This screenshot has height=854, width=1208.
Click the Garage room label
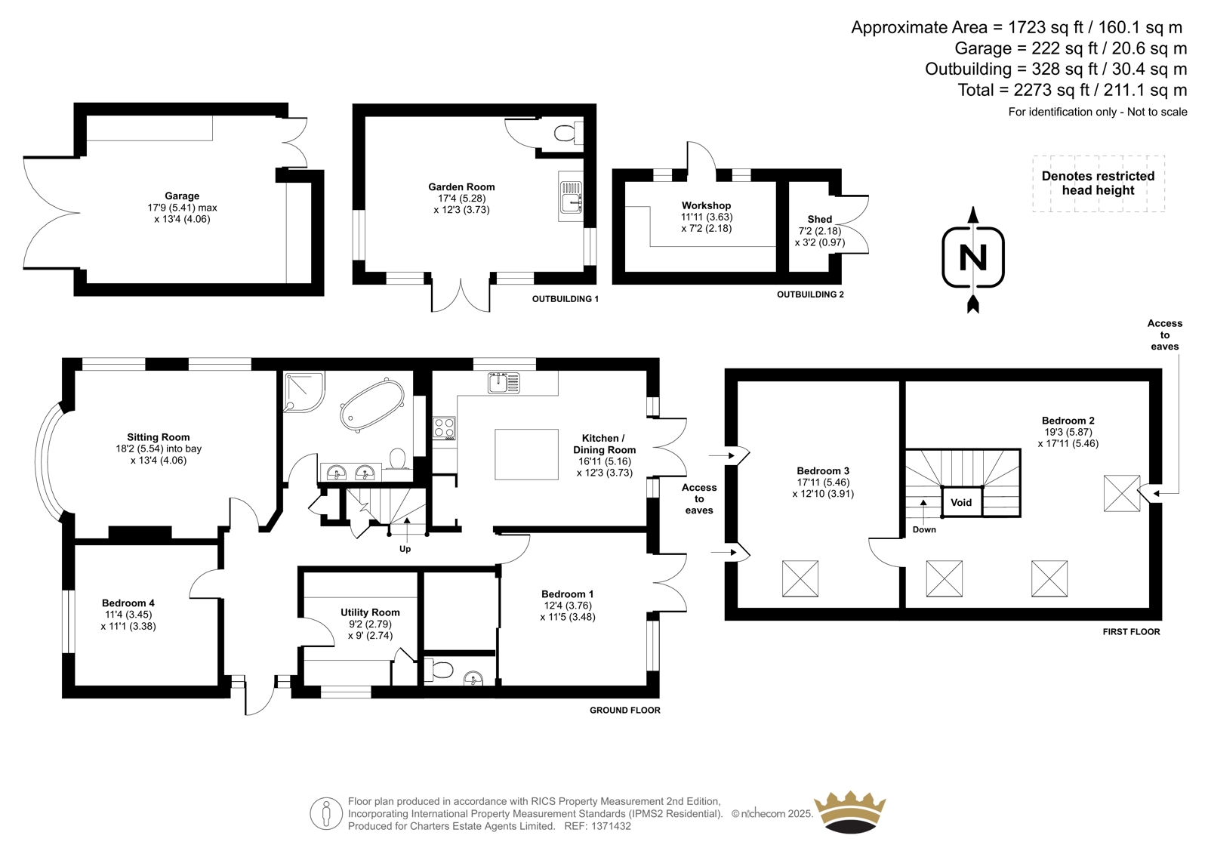[x=182, y=196]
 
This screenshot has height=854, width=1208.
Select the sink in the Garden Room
[x=571, y=197]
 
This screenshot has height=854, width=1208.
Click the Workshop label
[x=706, y=205]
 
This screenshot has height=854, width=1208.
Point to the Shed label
[x=819, y=219]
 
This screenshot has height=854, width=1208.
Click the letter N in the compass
[x=973, y=257]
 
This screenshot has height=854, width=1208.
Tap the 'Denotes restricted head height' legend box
[x=1099, y=183]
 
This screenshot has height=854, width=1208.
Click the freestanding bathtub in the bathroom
[x=371, y=405]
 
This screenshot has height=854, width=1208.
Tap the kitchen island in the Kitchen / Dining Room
[x=526, y=454]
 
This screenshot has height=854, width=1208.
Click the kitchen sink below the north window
[x=504, y=383]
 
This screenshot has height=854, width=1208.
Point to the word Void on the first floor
[x=961, y=502]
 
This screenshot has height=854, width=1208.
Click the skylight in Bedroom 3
[x=800, y=578]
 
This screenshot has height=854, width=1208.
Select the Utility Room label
[x=370, y=612]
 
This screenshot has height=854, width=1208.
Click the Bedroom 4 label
[x=128, y=603]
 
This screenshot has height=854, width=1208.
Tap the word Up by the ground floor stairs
[x=405, y=549]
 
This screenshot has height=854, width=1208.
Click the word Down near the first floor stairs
[x=924, y=529]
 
